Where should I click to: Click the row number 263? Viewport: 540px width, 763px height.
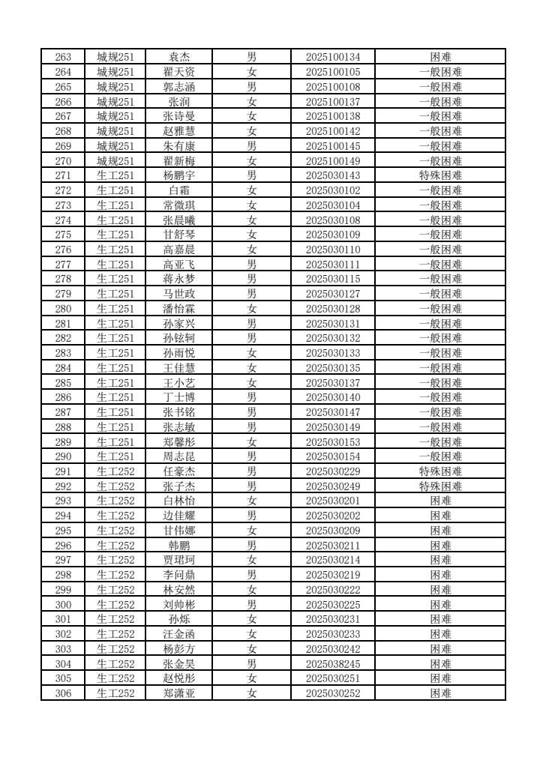click(x=64, y=57)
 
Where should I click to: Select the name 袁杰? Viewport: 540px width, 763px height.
click(x=178, y=57)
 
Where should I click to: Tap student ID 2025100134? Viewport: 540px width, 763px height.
click(x=333, y=57)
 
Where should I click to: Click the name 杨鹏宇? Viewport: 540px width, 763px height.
click(x=178, y=175)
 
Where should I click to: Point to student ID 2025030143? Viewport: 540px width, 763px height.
click(x=333, y=175)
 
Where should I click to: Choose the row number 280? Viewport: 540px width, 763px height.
click(x=64, y=309)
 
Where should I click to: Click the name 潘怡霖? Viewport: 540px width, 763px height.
click(x=178, y=309)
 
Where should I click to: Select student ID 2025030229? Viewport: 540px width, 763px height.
click(x=333, y=471)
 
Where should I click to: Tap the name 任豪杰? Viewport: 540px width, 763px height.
click(x=178, y=471)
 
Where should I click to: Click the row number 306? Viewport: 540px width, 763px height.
click(x=64, y=693)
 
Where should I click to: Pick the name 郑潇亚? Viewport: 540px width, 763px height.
click(x=178, y=693)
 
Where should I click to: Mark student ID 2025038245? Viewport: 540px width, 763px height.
click(x=333, y=664)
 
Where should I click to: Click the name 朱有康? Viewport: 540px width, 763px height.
click(x=178, y=146)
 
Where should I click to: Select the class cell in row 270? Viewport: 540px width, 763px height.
click(x=115, y=160)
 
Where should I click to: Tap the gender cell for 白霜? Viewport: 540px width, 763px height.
click(x=252, y=190)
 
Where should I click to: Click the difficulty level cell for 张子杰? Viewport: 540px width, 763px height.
click(x=440, y=486)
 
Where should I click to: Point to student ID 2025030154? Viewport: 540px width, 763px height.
click(x=333, y=456)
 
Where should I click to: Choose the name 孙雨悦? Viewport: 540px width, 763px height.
click(x=178, y=353)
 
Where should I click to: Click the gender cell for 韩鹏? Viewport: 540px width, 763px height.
click(x=252, y=546)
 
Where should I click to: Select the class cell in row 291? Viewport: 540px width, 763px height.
click(x=115, y=471)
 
